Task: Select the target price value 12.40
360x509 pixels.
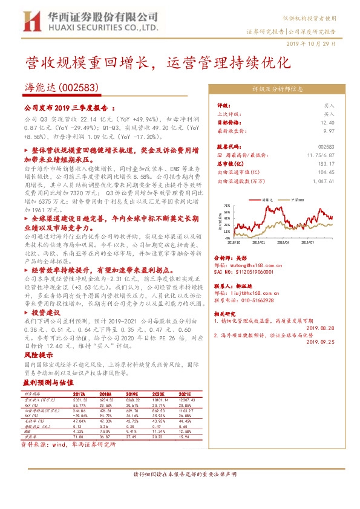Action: (x=327, y=122)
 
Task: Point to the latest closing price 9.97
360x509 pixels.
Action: (x=328, y=130)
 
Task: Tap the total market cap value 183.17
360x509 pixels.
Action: (x=326, y=163)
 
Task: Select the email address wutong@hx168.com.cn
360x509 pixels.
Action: (x=251, y=264)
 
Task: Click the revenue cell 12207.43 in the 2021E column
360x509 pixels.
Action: (x=186, y=400)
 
